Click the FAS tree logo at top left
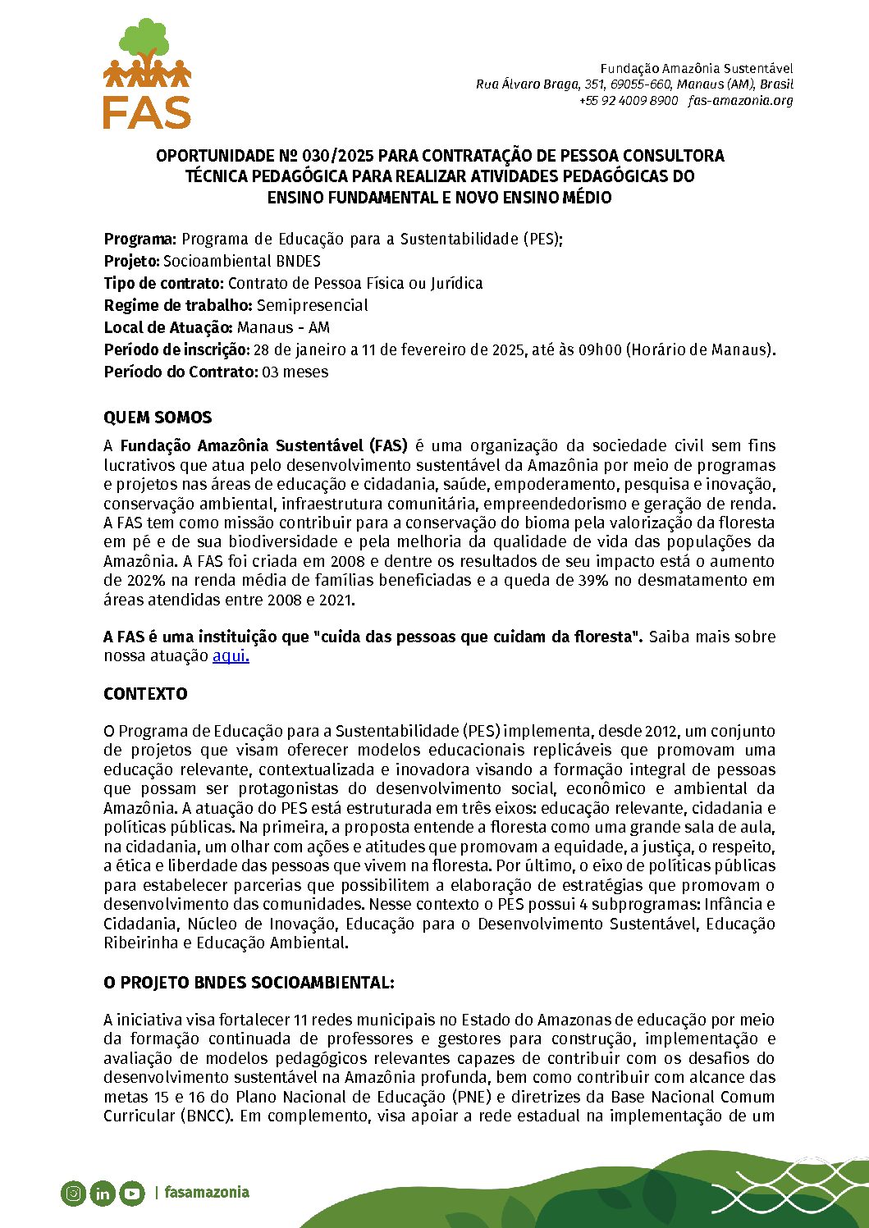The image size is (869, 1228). [148, 74]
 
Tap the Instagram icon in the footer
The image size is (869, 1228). [73, 1193]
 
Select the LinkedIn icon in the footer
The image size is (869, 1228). [102, 1193]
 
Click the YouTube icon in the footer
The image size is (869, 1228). [131, 1193]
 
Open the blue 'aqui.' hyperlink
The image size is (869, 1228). [231, 655]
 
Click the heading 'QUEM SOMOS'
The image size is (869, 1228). [158, 418]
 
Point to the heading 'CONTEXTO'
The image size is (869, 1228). [145, 694]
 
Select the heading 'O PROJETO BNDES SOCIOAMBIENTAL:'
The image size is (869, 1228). [249, 983]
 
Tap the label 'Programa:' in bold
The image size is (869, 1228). [139, 240]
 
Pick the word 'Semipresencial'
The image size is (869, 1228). [312, 305]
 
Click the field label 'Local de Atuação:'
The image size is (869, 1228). [168, 327]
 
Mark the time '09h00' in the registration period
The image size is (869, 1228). [601, 350]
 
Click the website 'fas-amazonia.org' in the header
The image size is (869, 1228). [740, 101]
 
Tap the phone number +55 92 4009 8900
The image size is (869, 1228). [629, 101]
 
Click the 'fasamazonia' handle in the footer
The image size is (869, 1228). [207, 1192]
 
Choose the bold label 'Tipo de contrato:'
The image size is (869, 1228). [163, 283]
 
